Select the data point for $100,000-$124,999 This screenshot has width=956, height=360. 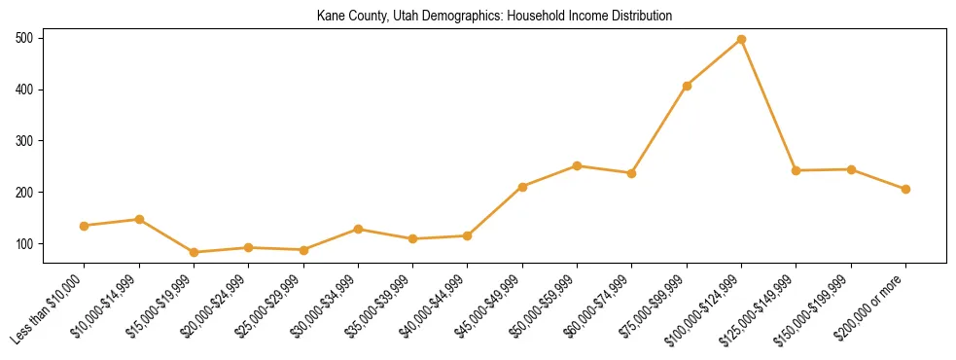click(x=741, y=39)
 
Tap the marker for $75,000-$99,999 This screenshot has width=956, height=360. click(x=687, y=86)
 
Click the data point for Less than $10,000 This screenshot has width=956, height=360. click(x=85, y=226)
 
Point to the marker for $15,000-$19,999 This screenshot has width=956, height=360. click(x=194, y=252)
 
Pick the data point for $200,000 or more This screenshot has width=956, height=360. click(x=905, y=189)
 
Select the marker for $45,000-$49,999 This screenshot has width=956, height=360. click(x=522, y=187)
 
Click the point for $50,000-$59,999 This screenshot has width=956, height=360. click(x=577, y=165)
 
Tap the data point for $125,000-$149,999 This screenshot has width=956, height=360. click(x=796, y=170)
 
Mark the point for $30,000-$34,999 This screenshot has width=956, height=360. click(x=358, y=229)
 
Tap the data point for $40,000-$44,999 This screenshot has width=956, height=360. click(x=468, y=235)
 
